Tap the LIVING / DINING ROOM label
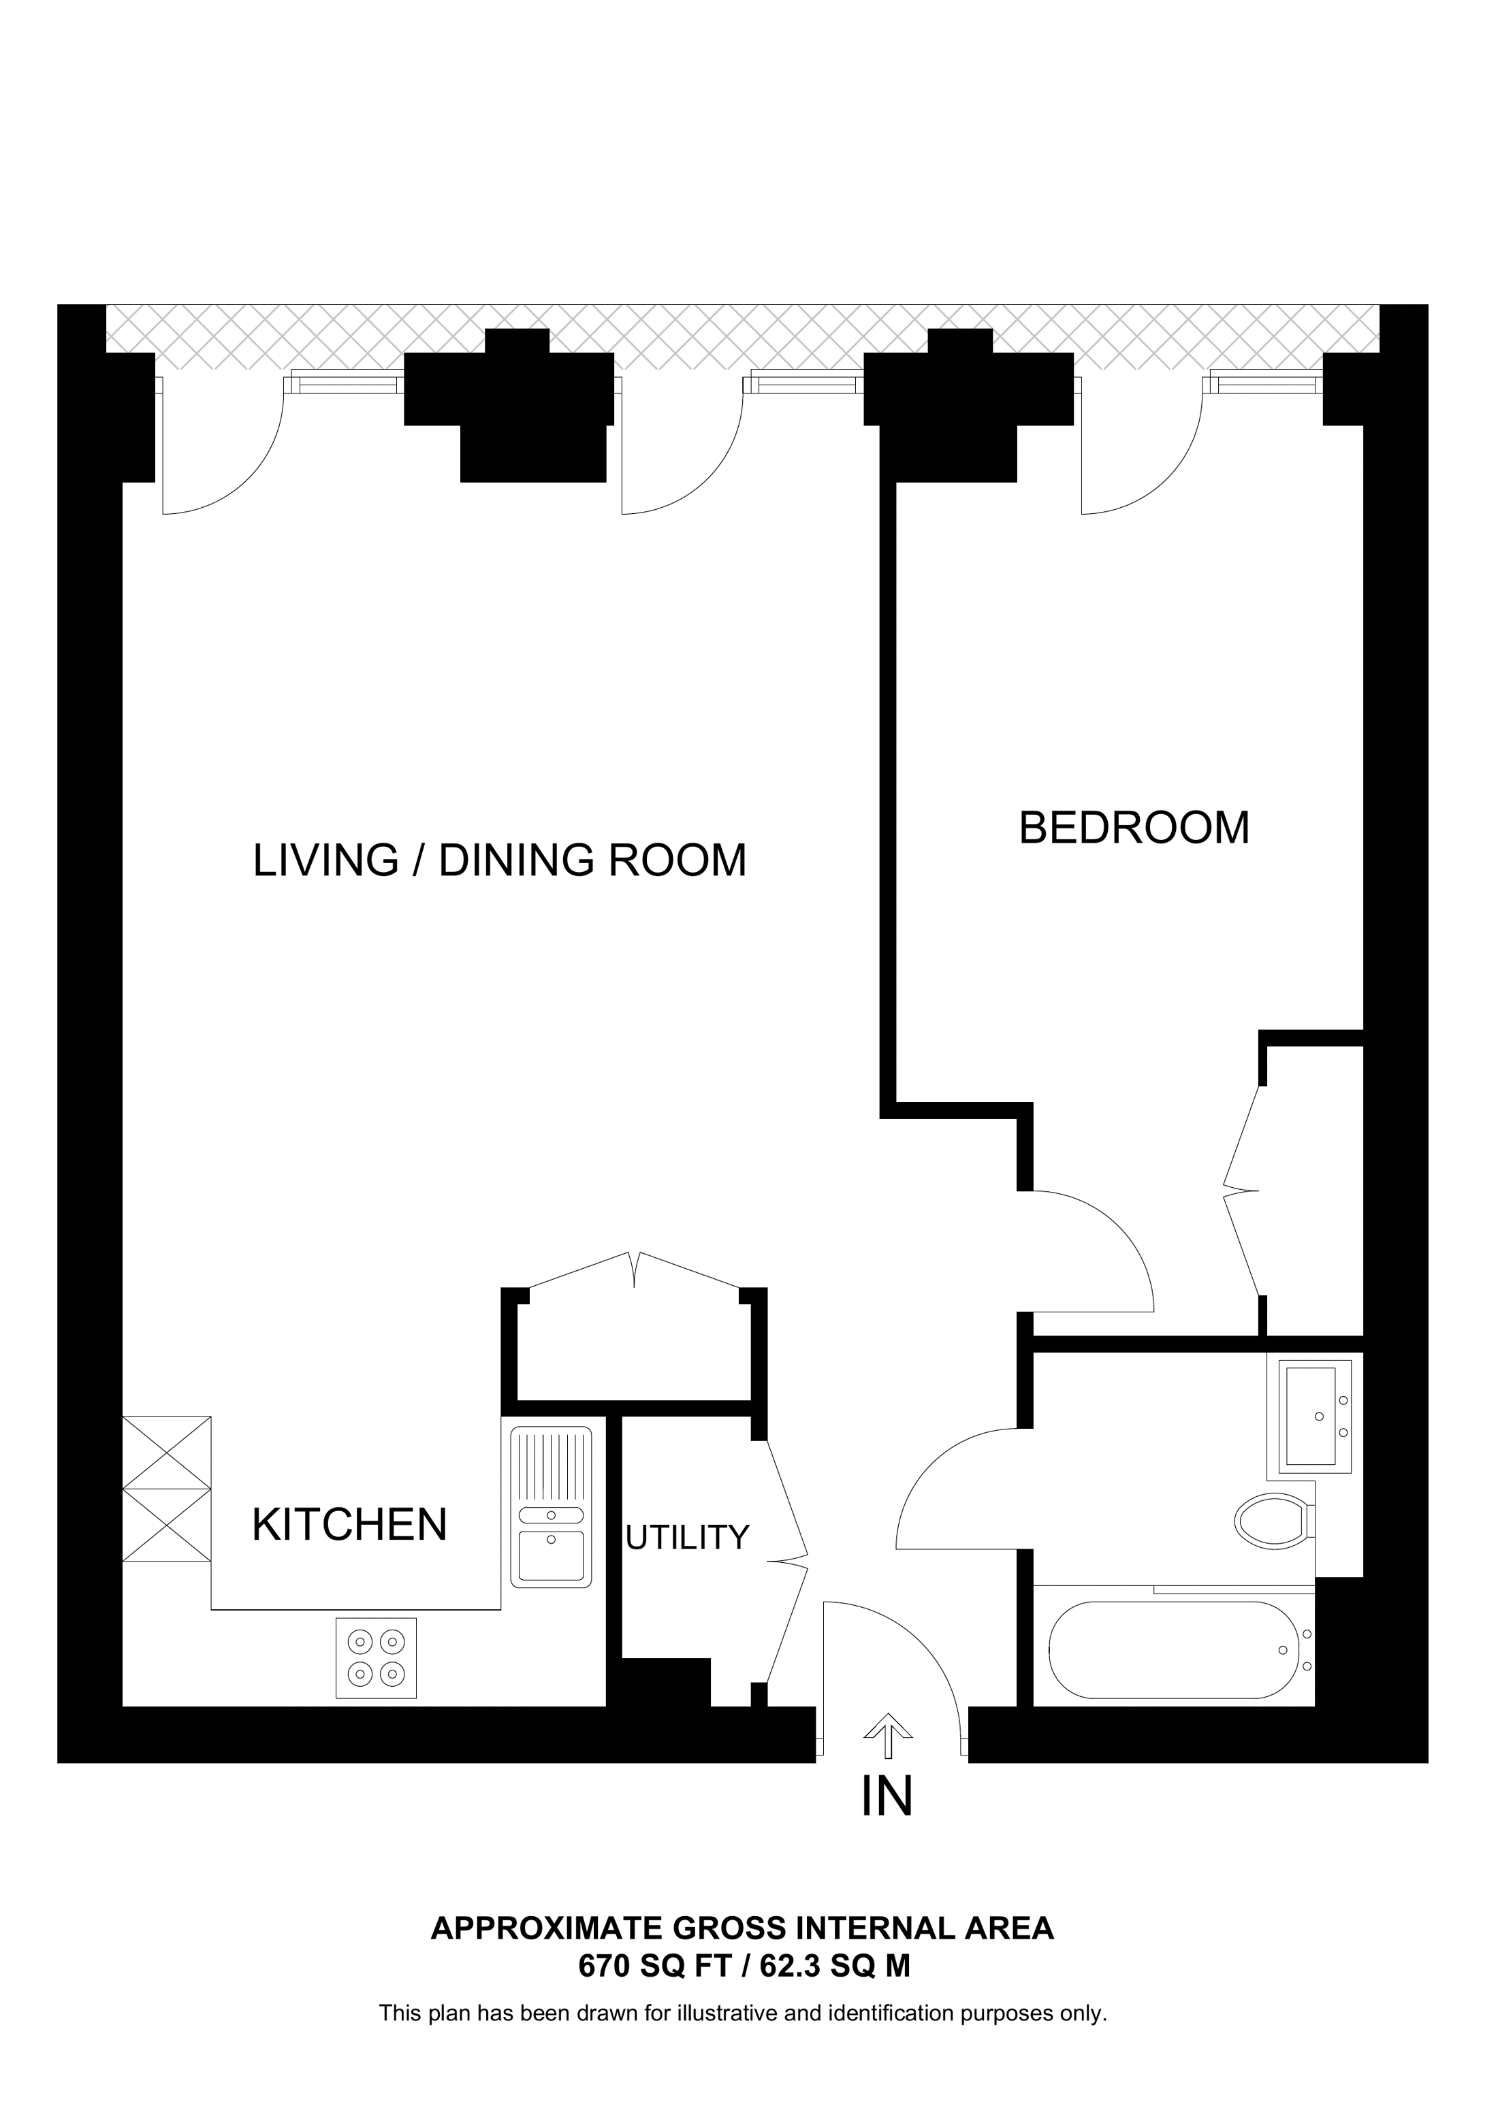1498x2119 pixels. point(499,860)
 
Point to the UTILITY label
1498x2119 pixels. point(687,1538)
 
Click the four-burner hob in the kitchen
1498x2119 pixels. point(376,1657)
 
